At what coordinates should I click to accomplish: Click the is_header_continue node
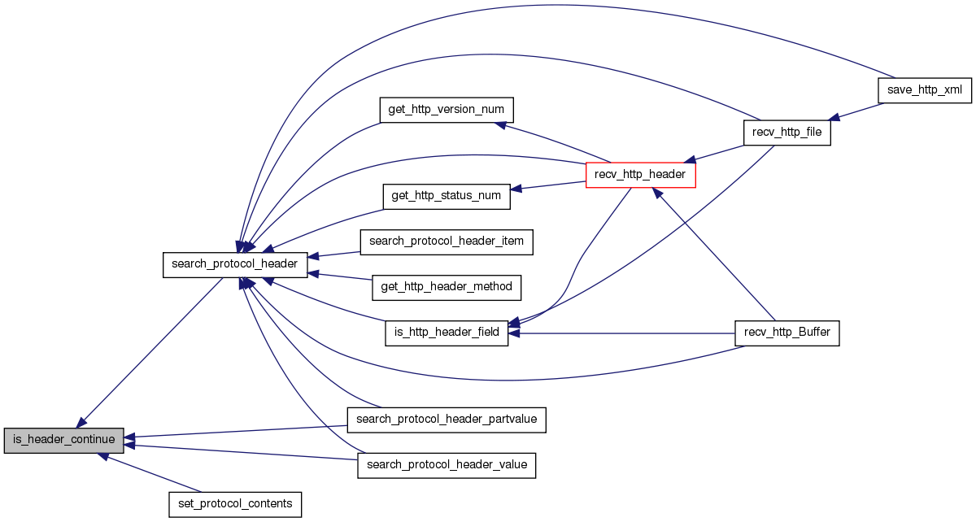(64, 441)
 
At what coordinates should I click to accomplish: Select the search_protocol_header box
(235, 265)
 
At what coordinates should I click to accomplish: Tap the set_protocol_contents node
(235, 504)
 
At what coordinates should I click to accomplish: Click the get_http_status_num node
(447, 197)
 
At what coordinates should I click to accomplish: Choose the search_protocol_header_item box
(447, 241)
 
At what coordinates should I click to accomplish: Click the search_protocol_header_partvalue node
(447, 420)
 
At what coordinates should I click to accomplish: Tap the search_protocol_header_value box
(447, 465)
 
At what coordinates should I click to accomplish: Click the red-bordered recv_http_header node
(641, 174)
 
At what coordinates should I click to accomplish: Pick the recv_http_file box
(786, 132)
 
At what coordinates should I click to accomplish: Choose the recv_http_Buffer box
(786, 333)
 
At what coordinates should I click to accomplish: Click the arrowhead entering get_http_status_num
(516, 189)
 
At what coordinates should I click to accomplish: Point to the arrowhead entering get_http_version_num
(502, 124)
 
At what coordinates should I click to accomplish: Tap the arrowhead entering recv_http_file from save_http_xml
(832, 119)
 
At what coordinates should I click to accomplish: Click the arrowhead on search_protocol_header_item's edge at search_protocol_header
(313, 257)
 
